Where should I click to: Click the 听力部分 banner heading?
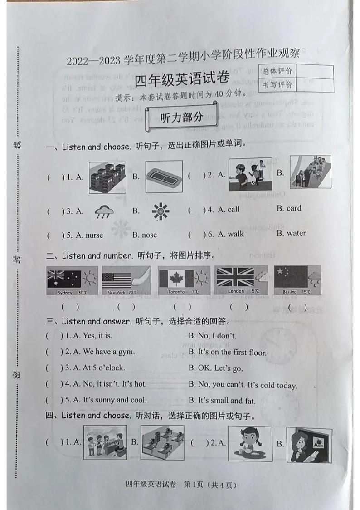click(x=182, y=118)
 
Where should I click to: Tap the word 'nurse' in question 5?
click(x=92, y=235)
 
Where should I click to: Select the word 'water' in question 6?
click(x=296, y=233)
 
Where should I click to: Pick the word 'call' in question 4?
click(x=233, y=209)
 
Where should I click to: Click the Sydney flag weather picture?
click(x=72, y=280)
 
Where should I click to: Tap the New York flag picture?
click(x=126, y=280)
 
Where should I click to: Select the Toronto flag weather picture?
click(x=184, y=280)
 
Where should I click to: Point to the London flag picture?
click(x=241, y=280)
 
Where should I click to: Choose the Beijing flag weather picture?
click(x=297, y=280)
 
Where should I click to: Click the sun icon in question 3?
click(x=161, y=211)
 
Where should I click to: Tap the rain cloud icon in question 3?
click(x=104, y=211)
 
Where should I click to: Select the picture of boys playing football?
click(x=250, y=174)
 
